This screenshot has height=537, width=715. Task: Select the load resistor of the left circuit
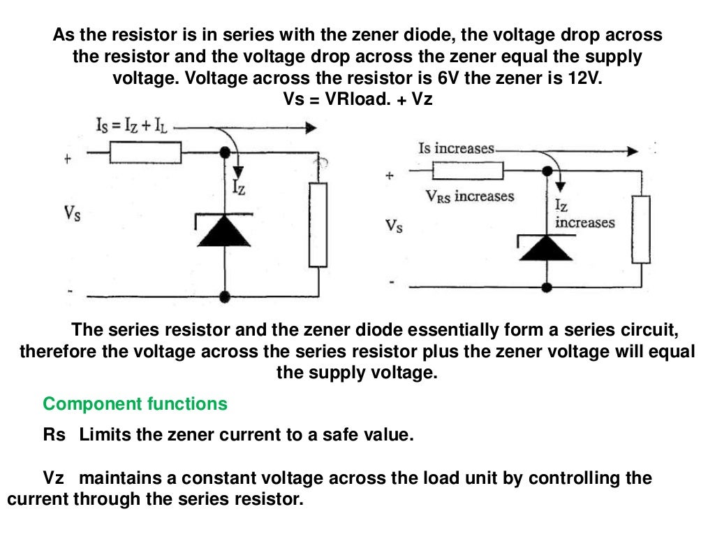318,224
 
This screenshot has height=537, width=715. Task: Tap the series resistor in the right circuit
467,171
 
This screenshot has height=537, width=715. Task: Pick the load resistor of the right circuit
641,226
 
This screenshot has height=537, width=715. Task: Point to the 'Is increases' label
456,149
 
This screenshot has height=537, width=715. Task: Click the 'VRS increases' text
469,196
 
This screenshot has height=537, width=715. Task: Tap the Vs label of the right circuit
394,226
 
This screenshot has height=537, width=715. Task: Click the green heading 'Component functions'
135,403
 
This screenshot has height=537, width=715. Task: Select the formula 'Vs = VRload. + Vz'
357,99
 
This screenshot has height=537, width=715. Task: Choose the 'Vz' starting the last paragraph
54,479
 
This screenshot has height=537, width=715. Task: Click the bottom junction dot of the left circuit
224,296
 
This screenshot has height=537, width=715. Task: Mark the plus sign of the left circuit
68,159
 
